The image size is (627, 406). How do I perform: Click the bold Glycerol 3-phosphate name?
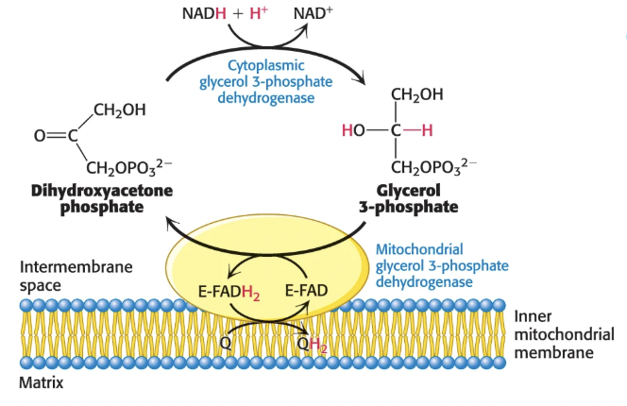tap(408, 197)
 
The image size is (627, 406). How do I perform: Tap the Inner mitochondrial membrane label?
tap(563, 334)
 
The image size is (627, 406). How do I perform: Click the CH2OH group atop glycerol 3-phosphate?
tap(416, 94)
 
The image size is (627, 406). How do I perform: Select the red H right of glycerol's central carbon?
tap(427, 130)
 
